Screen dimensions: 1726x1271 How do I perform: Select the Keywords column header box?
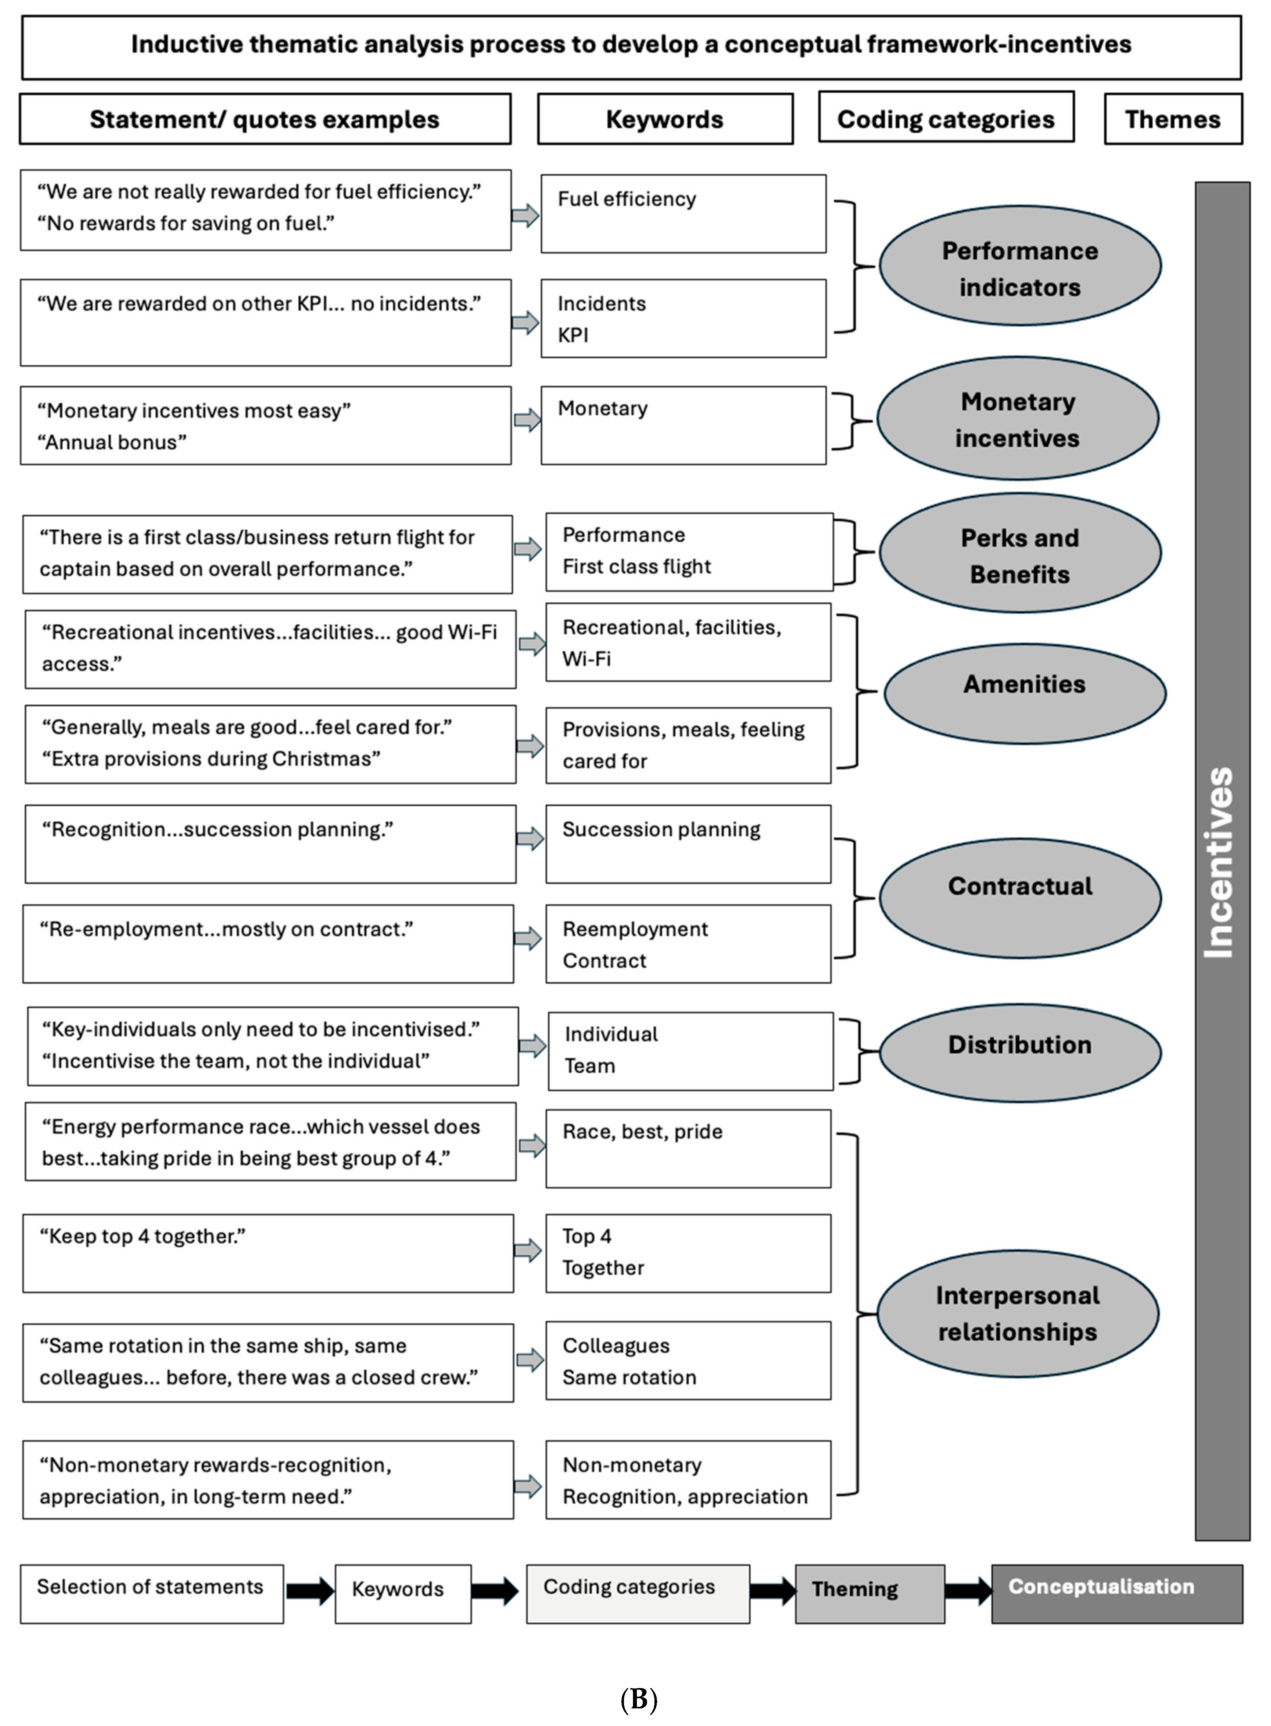(x=665, y=119)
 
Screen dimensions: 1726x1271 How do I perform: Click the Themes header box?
(x=1172, y=119)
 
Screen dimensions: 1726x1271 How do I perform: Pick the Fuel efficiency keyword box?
(x=683, y=213)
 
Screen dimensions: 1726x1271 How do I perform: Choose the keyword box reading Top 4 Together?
(x=688, y=1253)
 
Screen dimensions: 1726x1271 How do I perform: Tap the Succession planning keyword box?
(x=688, y=843)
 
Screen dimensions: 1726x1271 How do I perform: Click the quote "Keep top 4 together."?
(x=268, y=1253)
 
